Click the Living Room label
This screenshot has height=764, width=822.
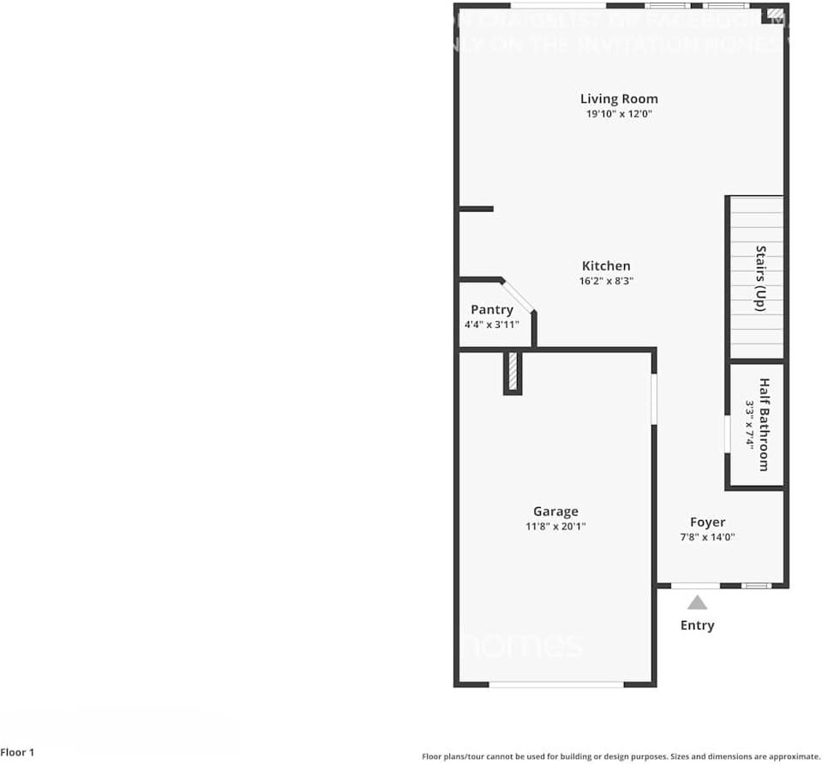point(619,99)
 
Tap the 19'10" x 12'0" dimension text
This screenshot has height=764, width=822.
point(619,114)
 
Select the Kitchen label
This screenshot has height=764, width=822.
point(606,266)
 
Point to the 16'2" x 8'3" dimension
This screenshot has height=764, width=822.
point(606,281)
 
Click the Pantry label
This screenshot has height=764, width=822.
point(492,310)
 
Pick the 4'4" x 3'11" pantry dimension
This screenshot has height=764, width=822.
point(492,325)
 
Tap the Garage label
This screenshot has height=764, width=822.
point(555,512)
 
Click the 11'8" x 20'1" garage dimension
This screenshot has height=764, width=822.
point(555,527)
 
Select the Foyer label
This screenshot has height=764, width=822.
point(707,522)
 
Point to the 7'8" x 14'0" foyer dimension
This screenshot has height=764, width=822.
point(707,537)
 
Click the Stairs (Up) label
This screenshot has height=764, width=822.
point(760,278)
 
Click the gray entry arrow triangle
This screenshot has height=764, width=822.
point(697,603)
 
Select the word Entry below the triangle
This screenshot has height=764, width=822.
point(697,625)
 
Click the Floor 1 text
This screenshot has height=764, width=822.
point(18,753)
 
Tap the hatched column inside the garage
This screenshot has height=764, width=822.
point(513,373)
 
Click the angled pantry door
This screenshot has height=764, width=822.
point(518,295)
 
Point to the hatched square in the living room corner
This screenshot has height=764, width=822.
point(774,14)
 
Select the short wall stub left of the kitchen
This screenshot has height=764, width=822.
point(476,209)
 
